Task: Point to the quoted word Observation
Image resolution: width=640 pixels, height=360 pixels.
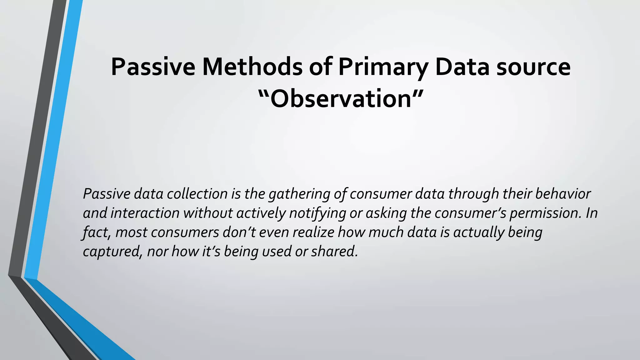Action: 340,99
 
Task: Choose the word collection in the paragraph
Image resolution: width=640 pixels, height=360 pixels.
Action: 197,194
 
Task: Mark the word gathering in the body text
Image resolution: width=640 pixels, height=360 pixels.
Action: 299,194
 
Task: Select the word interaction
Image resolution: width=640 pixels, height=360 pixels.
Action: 145,213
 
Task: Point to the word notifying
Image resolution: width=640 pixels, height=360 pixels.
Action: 317,213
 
